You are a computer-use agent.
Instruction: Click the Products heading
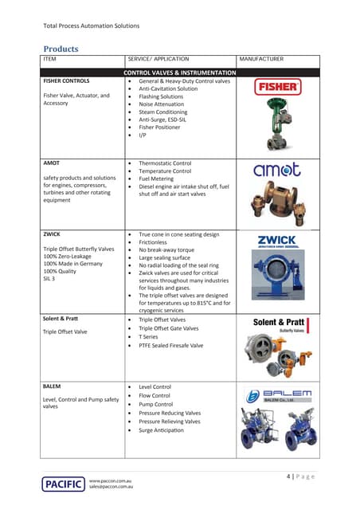61,49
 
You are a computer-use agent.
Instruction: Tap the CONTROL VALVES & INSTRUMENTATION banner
179,72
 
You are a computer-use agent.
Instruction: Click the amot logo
276,171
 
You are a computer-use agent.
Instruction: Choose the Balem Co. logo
276,395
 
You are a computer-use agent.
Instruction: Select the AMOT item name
53,163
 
